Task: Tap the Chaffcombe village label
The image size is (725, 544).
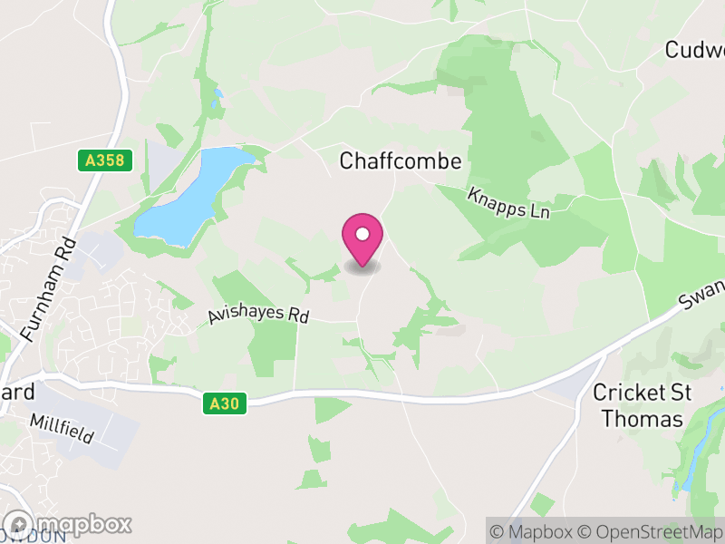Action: pos(401,161)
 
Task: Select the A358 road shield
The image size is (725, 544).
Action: pos(105,160)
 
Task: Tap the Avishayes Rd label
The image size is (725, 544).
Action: pos(259,314)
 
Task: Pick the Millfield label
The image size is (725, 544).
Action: pos(62,428)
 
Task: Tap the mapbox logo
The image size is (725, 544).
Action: pos(67,524)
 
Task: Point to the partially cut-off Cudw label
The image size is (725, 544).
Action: pos(695,50)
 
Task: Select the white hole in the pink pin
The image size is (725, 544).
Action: pos(362,234)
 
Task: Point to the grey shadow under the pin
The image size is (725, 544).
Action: pos(362,267)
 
